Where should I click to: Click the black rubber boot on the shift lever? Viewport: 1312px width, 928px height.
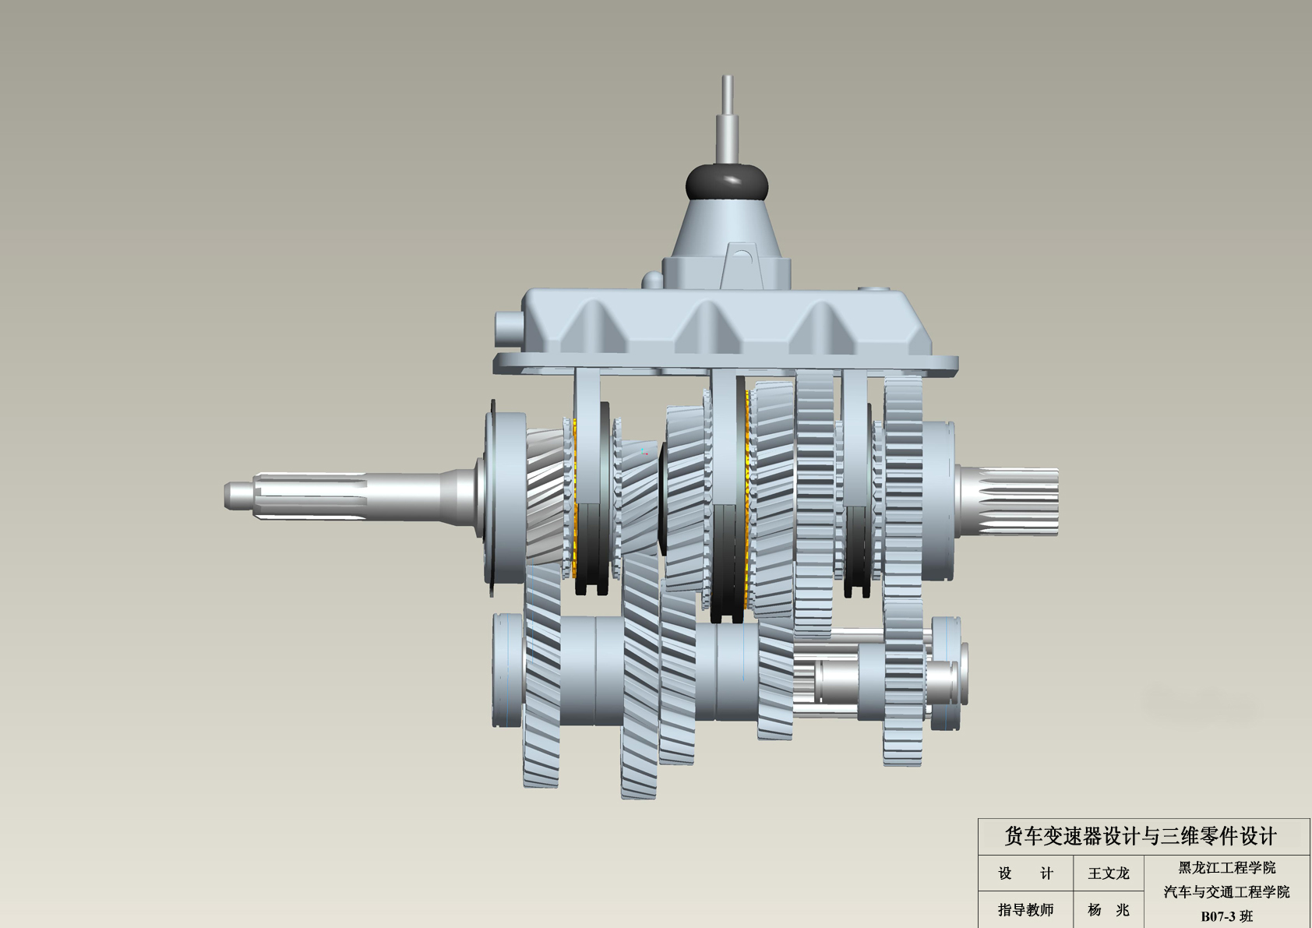point(726,182)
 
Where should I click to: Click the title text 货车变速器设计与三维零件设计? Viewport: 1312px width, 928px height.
point(1141,837)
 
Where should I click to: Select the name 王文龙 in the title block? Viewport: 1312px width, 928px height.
point(1108,873)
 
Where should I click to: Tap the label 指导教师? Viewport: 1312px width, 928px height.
point(1025,909)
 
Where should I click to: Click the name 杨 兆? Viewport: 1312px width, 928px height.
point(1108,909)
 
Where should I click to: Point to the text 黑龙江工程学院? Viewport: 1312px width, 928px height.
point(1226,867)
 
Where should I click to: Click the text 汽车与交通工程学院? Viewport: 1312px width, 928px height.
point(1226,891)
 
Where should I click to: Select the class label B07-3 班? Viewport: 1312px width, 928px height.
point(1226,916)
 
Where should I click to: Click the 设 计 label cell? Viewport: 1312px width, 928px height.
point(1025,873)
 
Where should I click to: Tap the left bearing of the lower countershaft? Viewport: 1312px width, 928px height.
point(507,670)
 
